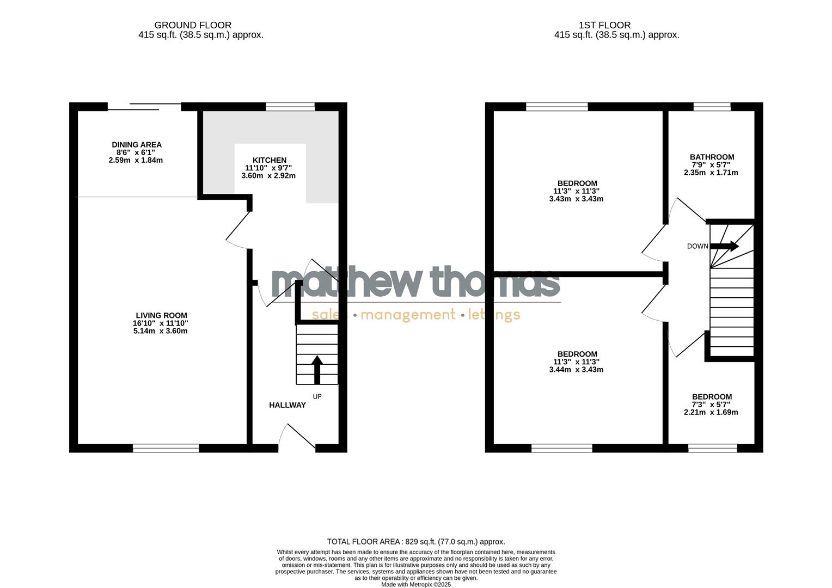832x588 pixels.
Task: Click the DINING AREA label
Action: point(137,145)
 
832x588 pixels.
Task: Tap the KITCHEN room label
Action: point(269,160)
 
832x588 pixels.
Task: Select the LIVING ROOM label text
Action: point(161,315)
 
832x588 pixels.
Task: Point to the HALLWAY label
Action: point(287,405)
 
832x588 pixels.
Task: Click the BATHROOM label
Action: point(712,157)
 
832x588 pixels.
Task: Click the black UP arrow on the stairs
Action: point(316,369)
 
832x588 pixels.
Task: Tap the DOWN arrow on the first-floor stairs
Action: point(724,246)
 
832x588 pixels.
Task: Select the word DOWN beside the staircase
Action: point(697,246)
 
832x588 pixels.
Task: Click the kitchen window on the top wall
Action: point(290,107)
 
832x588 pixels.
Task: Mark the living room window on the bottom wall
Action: point(166,448)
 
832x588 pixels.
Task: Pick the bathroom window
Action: point(712,107)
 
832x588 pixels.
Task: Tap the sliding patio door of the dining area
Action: point(144,107)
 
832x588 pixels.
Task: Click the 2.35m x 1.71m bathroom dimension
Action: point(711,173)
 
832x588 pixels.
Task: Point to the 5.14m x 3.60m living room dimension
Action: point(160,331)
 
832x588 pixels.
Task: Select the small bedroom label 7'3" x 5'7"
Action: point(711,405)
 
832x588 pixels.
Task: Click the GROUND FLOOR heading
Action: point(193,25)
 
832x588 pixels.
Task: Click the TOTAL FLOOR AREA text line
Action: point(415,542)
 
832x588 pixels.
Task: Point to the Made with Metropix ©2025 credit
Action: point(415,584)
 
